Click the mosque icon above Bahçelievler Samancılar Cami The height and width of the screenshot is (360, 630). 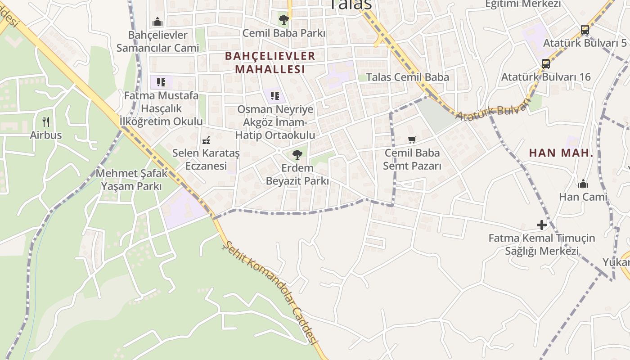click(157, 21)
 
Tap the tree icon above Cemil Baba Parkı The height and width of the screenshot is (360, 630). click(283, 19)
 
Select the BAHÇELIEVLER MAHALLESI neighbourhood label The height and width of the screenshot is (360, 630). click(270, 63)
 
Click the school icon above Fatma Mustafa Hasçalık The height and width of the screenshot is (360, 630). click(161, 82)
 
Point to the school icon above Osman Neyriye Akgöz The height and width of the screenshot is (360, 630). click(275, 95)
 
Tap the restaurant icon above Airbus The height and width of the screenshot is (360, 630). click(45, 121)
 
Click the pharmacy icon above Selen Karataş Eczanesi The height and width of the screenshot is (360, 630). click(206, 140)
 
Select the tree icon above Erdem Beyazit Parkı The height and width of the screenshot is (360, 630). click(297, 155)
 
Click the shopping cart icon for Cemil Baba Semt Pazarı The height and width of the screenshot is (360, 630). click(412, 139)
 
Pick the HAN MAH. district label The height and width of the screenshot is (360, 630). click(561, 153)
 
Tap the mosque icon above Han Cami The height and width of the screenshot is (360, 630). click(583, 183)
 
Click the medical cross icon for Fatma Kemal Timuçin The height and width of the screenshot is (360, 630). click(542, 225)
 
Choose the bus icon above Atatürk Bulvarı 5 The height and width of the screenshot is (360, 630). click(585, 30)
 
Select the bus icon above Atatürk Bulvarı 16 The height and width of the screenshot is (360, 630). click(546, 63)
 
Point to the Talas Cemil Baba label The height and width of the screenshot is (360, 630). click(407, 77)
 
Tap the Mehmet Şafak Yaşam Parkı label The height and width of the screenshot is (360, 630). click(131, 180)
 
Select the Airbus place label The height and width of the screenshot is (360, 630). click(45, 135)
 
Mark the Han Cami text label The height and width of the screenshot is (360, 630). click(583, 197)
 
